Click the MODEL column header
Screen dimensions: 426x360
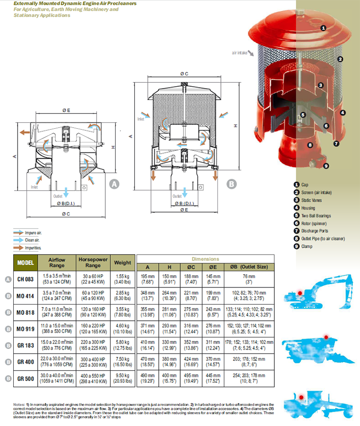tap(25, 263)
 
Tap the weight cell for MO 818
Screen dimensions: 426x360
tap(122, 312)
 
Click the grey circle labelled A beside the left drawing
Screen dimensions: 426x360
tap(114, 184)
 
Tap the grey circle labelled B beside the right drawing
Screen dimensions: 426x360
tap(232, 184)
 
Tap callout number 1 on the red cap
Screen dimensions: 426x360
tap(323, 28)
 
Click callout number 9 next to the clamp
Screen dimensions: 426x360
tap(326, 166)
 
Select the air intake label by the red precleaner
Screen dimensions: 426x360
tap(240, 52)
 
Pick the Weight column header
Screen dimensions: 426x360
tap(122, 263)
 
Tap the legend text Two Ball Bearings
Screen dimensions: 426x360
tap(316, 215)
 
